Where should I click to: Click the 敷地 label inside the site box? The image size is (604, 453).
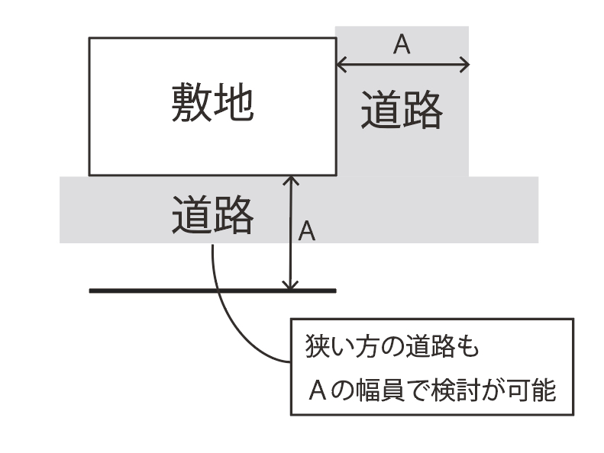212,103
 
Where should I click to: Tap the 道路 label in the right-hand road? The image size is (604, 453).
402,111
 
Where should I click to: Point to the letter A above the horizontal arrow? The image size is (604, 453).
402,45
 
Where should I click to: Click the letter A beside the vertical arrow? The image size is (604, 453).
306,231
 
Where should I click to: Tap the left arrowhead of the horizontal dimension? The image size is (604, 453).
341,65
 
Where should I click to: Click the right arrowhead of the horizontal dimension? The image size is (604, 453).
464,65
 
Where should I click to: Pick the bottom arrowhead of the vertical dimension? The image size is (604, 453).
289,285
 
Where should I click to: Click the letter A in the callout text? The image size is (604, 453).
317,391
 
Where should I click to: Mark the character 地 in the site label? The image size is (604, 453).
234,103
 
